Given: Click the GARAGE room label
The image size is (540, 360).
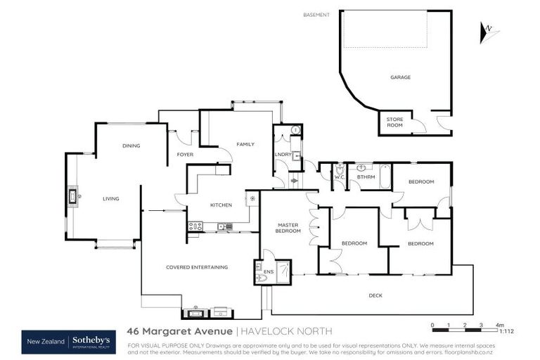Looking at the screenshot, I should [x=401, y=77].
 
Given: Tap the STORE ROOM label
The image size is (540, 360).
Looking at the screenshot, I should [x=394, y=122].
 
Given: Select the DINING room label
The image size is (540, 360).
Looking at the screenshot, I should [x=131, y=146].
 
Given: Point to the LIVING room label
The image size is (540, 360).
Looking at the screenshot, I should [x=110, y=199].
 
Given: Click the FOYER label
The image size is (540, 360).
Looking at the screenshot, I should [x=185, y=154].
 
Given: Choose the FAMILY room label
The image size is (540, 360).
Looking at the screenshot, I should [x=245, y=144].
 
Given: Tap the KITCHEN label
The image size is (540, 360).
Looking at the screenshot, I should [x=221, y=205].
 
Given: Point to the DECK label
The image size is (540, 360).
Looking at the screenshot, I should [x=375, y=295].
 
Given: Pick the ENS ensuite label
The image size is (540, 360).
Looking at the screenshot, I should [x=268, y=271].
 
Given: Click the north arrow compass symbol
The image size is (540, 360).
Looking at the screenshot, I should [x=486, y=30].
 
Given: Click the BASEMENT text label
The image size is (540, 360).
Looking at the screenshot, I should [x=316, y=15].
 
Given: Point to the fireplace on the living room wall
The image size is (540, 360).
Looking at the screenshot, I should [x=72, y=197].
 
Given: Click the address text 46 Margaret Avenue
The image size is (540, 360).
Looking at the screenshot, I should [x=179, y=330].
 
